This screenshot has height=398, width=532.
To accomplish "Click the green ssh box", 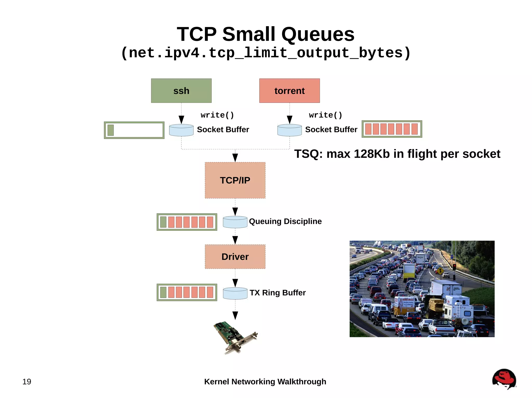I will coord(181,91).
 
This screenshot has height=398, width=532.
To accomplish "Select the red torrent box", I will coord(289,91).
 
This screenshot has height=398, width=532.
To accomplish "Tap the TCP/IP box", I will coord(235,180).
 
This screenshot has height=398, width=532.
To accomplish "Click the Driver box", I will coord(235,256).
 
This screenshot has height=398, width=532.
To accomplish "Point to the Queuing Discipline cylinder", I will coord(235,222).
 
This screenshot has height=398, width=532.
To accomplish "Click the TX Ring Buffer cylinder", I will coord(235,293).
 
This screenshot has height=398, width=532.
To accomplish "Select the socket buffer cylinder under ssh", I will coord(181,130).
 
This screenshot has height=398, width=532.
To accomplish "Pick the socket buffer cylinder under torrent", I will coord(289,130).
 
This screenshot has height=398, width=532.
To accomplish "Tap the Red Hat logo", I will coord(504,379).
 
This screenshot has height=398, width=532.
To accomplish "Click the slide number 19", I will coord(27,382).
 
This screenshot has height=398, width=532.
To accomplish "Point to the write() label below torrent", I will coord(325,115).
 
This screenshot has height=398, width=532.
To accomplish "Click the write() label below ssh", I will coord(217,115).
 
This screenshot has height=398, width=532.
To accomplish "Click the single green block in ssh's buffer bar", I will coord(111,130).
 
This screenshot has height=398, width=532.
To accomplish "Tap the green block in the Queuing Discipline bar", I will coord(163,222).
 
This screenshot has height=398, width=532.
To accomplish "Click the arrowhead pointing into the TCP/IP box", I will coord(235,157).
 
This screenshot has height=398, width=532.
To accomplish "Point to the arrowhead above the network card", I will coord(235,315).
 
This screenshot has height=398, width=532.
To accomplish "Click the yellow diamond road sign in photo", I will coord(440,271).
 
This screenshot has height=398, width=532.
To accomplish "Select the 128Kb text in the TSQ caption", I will coord(372,154).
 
